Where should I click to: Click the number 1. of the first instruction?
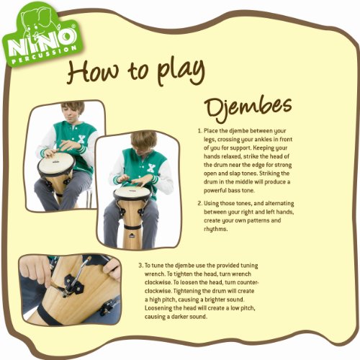tap(199, 132)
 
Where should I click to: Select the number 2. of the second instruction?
tap(199, 203)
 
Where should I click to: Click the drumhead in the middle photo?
tap(132, 192)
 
